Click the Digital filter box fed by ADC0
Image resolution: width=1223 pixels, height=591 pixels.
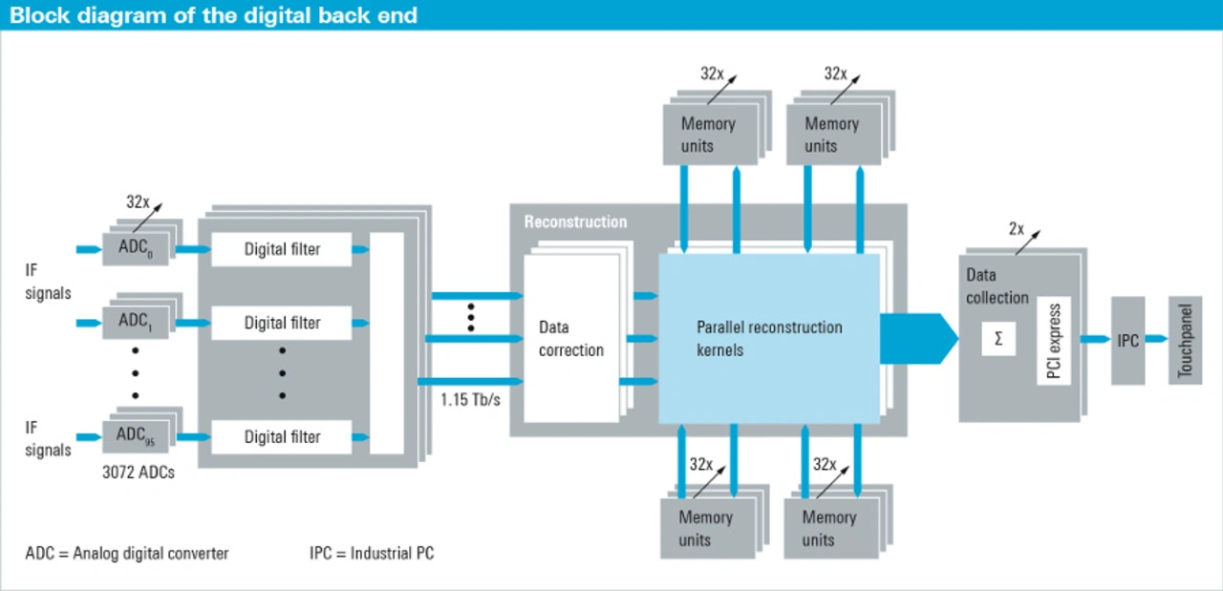click(x=282, y=250)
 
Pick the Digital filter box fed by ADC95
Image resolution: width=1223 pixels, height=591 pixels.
click(x=282, y=436)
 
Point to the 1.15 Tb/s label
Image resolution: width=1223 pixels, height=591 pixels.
click(x=470, y=399)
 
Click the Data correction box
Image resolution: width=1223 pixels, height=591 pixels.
click(x=570, y=339)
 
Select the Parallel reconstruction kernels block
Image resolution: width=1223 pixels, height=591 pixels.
click(x=768, y=338)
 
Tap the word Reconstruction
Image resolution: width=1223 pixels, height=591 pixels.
click(x=575, y=222)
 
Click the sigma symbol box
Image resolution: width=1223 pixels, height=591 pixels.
click(x=998, y=339)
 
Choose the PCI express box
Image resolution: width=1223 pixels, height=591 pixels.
click(x=1054, y=341)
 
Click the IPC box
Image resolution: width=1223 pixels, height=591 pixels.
click(x=1127, y=340)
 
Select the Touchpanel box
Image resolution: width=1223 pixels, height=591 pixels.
click(x=1185, y=340)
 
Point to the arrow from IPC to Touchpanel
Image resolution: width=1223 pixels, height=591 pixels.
click(x=1156, y=339)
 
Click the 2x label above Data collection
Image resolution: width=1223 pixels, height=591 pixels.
click(x=1016, y=229)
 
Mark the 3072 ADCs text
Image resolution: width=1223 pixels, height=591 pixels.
click(x=139, y=471)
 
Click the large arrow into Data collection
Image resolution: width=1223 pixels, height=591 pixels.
click(x=918, y=339)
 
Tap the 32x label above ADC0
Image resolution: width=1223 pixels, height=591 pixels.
click(x=139, y=202)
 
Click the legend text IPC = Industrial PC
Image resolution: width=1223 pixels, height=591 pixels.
click(x=372, y=553)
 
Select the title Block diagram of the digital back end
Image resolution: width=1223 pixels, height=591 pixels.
click(x=213, y=15)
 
